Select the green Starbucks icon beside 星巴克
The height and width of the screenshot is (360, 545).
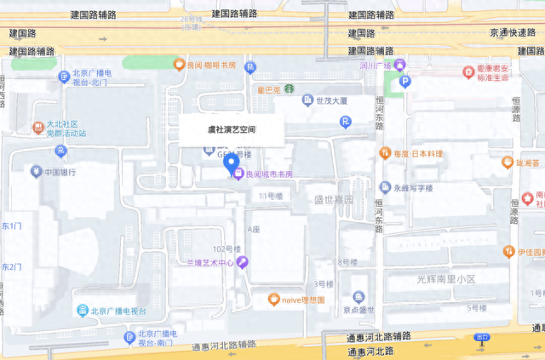288,88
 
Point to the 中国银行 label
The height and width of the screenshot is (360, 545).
60,171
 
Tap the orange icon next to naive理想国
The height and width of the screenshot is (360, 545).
273,299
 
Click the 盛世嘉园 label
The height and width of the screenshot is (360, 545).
328,199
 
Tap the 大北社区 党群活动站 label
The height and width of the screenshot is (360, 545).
66,128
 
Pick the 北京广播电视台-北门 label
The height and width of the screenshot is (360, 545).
91,78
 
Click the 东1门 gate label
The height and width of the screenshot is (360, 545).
12,226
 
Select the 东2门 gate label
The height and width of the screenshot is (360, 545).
12,267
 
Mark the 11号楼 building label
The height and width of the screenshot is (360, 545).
270,196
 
